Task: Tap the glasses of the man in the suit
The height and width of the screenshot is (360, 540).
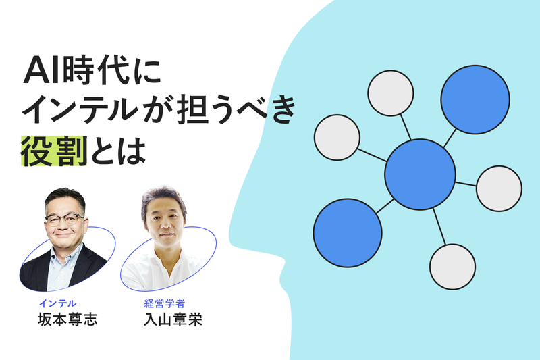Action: pyautogui.click(x=65, y=220)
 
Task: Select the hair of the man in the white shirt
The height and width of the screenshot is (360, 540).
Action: pyautogui.click(x=163, y=198)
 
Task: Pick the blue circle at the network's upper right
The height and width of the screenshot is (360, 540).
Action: pyautogui.click(x=475, y=99)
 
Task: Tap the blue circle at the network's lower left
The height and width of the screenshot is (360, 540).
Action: pyautogui.click(x=348, y=232)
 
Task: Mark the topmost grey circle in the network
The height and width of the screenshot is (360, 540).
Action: pyautogui.click(x=390, y=93)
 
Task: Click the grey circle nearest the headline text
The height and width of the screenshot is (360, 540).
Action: pyautogui.click(x=337, y=138)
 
